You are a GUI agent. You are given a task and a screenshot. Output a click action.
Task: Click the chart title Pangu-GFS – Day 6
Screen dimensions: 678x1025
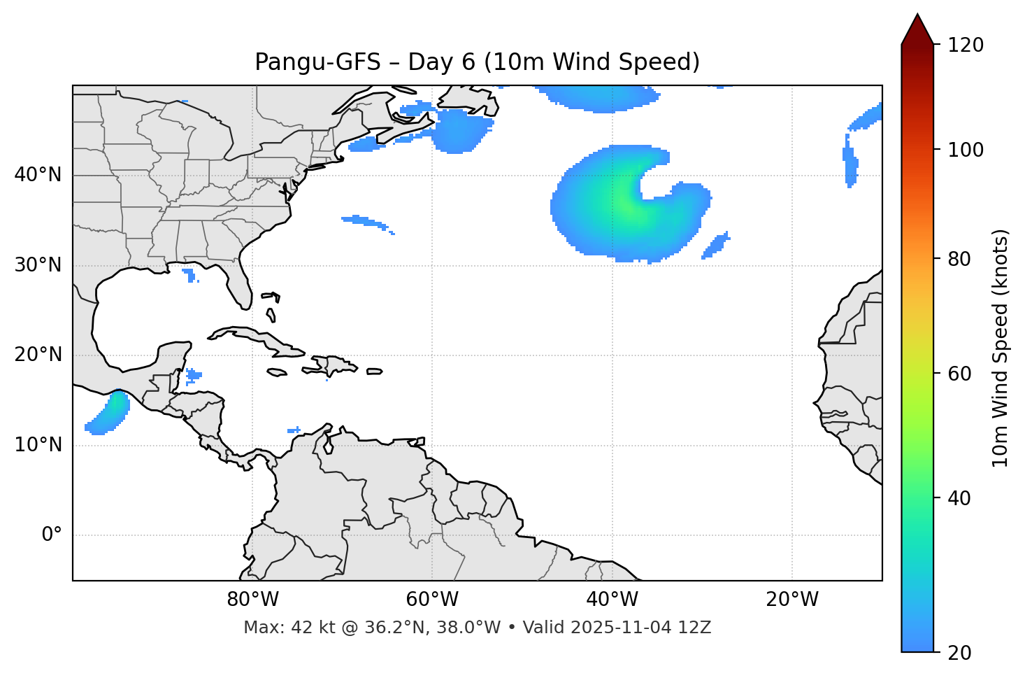pyautogui.click(x=477, y=62)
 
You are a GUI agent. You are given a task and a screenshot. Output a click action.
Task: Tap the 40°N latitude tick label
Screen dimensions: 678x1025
pyautogui.click(x=38, y=175)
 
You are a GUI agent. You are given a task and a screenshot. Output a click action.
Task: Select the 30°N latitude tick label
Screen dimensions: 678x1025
pyautogui.click(x=38, y=265)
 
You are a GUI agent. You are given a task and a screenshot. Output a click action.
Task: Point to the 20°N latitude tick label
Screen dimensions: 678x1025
pyautogui.click(x=38, y=355)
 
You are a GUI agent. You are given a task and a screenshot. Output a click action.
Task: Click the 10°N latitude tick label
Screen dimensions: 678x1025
pyautogui.click(x=38, y=445)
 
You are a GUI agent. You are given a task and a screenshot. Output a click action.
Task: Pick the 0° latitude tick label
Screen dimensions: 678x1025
pyautogui.click(x=52, y=535)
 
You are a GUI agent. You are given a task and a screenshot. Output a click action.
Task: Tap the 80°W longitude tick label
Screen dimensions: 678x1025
pyautogui.click(x=252, y=600)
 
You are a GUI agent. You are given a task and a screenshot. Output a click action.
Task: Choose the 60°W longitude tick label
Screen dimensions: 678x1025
pyautogui.click(x=432, y=600)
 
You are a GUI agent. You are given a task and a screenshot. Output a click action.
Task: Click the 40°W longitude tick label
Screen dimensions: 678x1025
pyautogui.click(x=612, y=600)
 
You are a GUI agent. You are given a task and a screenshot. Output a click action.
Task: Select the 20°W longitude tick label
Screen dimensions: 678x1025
pyautogui.click(x=791, y=600)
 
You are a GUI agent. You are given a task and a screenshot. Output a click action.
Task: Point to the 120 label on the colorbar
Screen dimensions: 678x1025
pyautogui.click(x=966, y=45)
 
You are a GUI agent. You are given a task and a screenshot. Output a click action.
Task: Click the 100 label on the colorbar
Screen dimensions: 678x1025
pyautogui.click(x=966, y=150)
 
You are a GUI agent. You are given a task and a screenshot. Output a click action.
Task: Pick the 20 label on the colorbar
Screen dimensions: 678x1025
pyautogui.click(x=960, y=653)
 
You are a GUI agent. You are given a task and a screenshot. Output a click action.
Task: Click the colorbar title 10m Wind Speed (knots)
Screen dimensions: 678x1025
pyautogui.click(x=1001, y=348)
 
